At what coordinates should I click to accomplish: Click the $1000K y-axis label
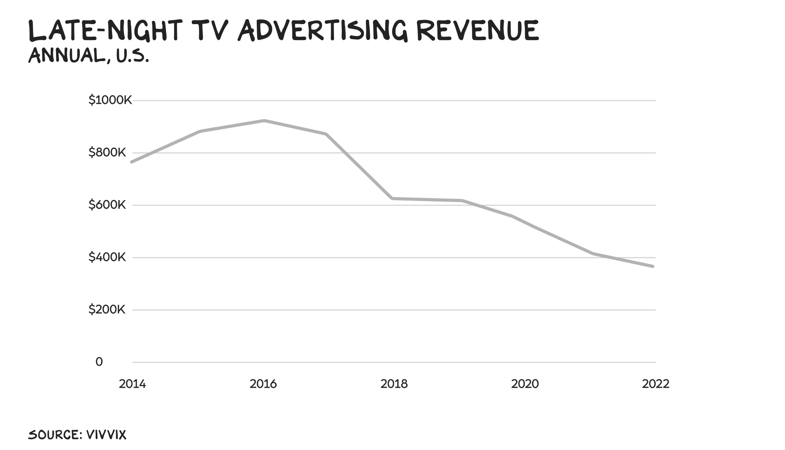pos(110,100)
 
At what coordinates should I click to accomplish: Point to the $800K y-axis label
pos(107,153)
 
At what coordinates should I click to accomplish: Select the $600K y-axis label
pos(107,205)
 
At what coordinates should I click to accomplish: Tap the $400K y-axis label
pos(107,257)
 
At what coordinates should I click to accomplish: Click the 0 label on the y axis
pos(99,362)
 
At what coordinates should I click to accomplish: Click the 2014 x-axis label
pos(132,384)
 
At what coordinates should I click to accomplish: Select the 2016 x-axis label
pos(263,384)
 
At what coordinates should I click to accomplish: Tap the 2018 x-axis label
pos(394,384)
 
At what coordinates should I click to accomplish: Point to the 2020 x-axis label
pos(525,384)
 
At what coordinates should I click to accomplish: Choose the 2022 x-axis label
pos(656,384)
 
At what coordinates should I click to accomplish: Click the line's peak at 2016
pos(265,121)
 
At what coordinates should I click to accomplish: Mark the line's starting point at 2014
pos(132,162)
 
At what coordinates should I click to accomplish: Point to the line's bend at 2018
pos(392,198)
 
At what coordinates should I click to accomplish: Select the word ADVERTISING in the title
pos(323,31)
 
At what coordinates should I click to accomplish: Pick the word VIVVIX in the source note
pos(106,435)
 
